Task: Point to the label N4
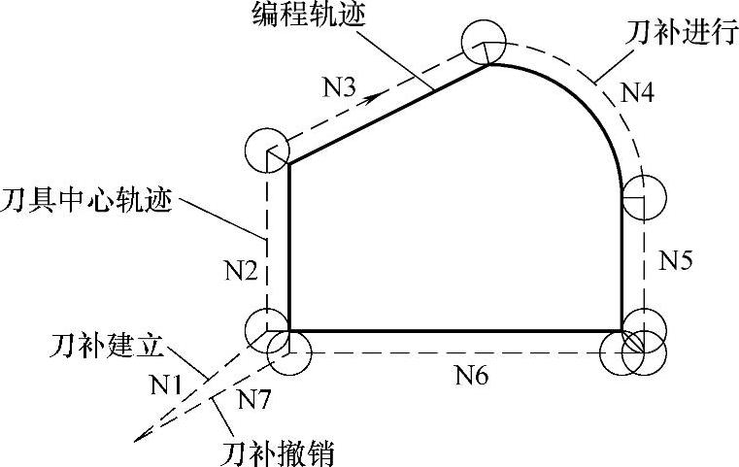(637, 94)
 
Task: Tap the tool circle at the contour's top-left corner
(268, 150)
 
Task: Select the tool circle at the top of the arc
(483, 43)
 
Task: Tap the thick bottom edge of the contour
(456, 331)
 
